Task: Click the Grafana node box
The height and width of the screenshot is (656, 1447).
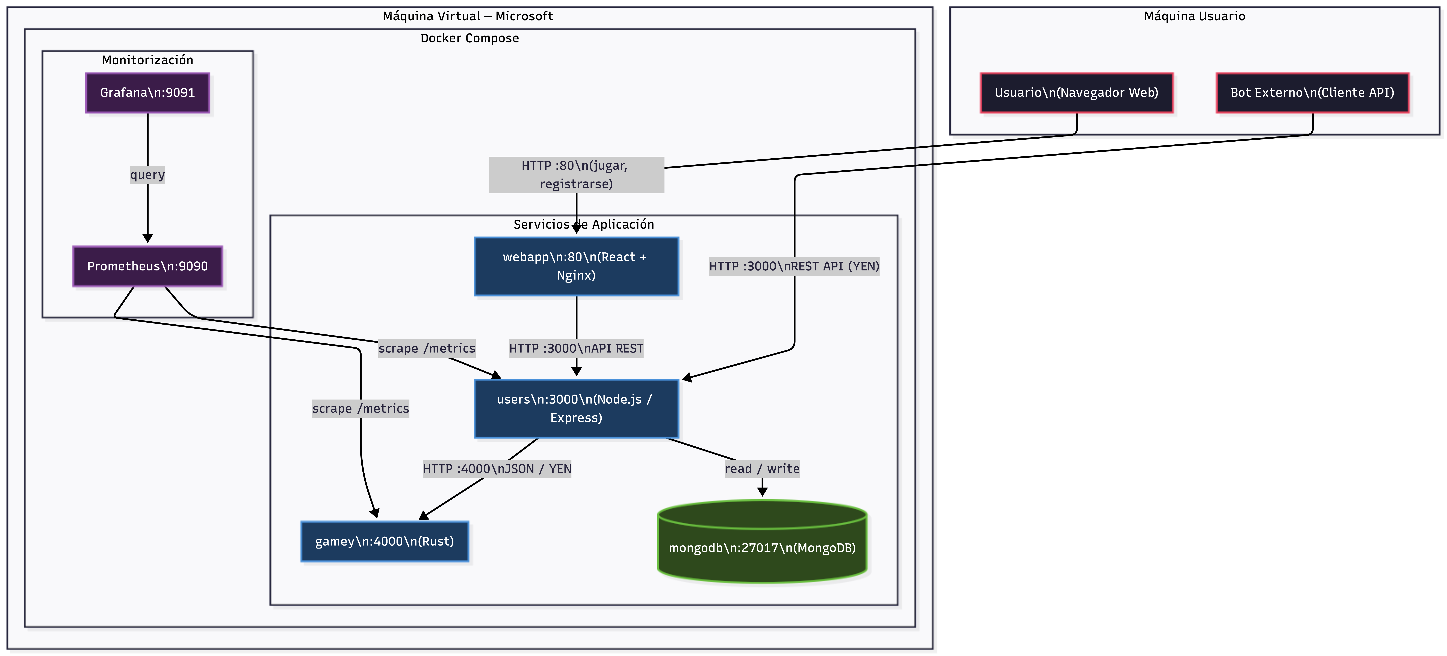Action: point(147,93)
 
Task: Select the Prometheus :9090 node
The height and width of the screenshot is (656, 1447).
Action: point(147,266)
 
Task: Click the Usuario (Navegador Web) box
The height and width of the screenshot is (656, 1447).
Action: point(1076,93)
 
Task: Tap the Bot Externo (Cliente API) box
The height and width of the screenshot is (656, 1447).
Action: point(1312,93)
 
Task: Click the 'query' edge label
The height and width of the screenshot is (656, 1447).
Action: point(147,175)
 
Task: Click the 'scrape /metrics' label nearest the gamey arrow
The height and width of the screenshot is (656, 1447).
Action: point(360,409)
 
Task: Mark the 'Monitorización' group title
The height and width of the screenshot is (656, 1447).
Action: point(147,60)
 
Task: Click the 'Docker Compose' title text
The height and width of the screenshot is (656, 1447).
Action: point(470,38)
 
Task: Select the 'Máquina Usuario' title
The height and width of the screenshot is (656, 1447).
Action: point(1194,16)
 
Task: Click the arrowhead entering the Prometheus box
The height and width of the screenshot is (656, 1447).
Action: point(147,238)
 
